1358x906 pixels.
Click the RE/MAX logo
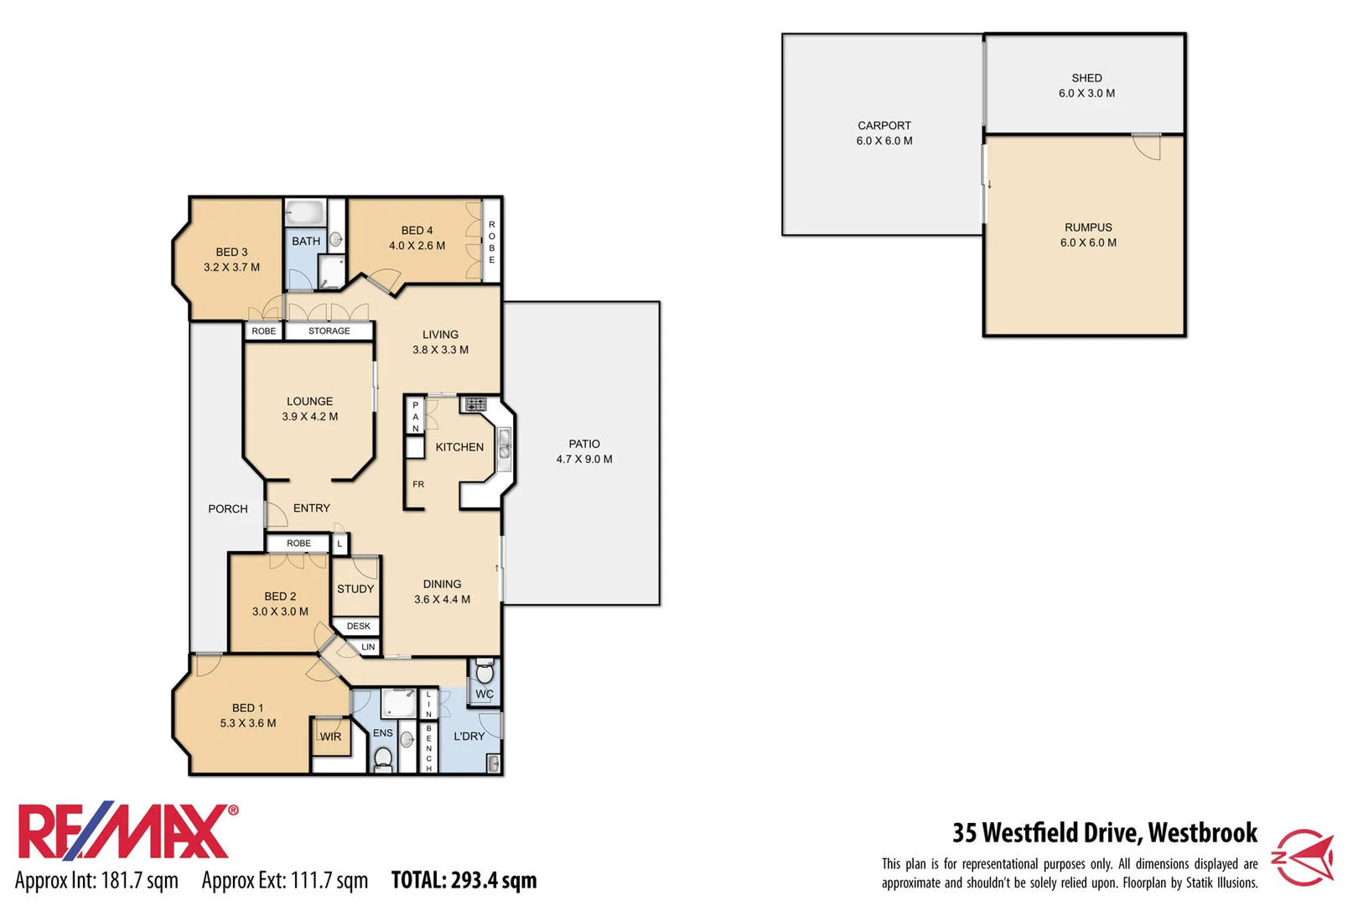126,832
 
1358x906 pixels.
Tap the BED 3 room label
231,252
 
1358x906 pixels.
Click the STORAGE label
329,331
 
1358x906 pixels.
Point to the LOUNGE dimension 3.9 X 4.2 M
310,417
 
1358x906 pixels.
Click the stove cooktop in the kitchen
475,404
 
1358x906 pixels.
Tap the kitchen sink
505,443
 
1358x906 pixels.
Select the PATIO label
584,444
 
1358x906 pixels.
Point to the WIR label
330,737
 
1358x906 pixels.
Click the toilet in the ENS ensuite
383,758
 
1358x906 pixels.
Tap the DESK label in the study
358,626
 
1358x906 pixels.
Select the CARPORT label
884,126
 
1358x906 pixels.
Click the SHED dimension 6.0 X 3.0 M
1086,93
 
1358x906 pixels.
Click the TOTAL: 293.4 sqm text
464,880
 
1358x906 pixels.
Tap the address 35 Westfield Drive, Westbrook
1104,832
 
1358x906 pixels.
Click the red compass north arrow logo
1304,857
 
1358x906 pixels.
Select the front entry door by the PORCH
275,513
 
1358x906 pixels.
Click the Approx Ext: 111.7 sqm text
285,880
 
